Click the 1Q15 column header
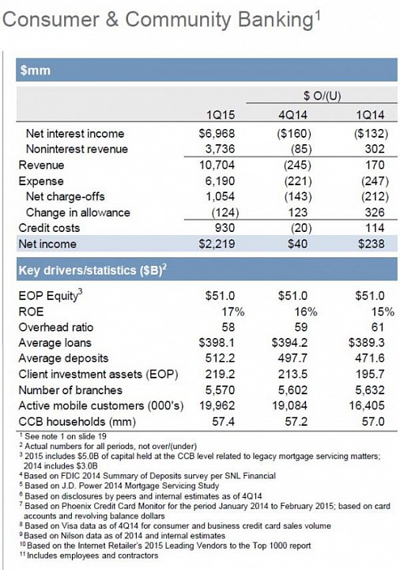click(221, 116)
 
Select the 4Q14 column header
click(292, 116)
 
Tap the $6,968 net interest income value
click(217, 134)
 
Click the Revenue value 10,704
click(217, 165)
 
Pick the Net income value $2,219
click(217, 244)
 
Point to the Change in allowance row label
click(77, 212)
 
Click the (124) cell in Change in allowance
click(225, 213)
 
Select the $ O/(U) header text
click(322, 96)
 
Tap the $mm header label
click(35, 70)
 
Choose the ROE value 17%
click(233, 312)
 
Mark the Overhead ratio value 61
click(377, 328)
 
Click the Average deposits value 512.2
click(220, 359)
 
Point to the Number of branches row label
click(70, 390)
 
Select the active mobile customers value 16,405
click(367, 405)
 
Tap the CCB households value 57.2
click(296, 422)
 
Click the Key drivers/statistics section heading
click(92, 270)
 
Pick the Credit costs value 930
click(225, 228)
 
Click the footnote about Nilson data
click(123, 535)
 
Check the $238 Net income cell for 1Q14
click(371, 244)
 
